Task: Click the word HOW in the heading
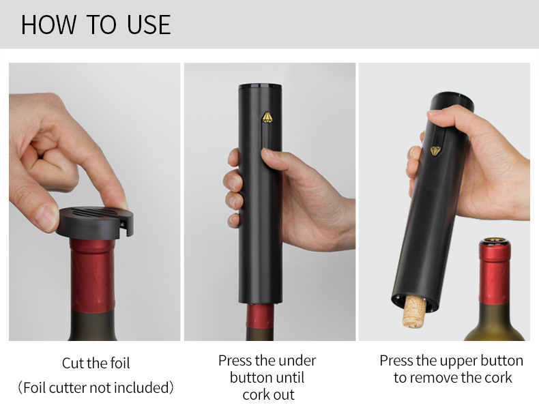(x=48, y=25)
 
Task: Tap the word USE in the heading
(x=149, y=25)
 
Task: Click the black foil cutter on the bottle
(x=95, y=222)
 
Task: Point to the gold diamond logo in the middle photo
(x=267, y=117)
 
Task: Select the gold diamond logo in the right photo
(x=435, y=151)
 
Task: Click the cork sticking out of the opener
(x=414, y=312)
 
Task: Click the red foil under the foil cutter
(x=93, y=276)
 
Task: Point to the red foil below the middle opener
(x=260, y=316)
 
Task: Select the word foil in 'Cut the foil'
(x=120, y=363)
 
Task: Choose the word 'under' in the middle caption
(x=297, y=361)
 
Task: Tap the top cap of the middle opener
(x=260, y=86)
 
